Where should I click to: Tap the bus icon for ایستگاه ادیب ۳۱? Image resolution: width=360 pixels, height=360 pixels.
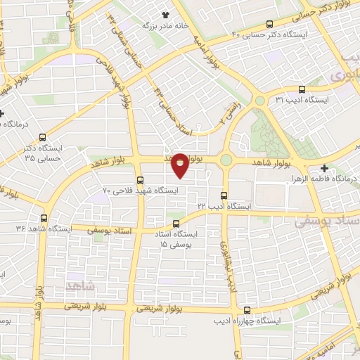click(302, 89)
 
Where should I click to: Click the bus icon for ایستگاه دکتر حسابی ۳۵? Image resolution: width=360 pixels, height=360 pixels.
click(43, 137)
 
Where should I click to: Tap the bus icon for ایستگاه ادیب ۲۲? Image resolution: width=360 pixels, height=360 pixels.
click(224, 195)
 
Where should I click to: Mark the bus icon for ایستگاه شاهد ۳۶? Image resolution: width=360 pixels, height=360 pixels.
click(44, 218)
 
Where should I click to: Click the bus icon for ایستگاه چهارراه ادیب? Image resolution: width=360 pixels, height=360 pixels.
click(246, 310)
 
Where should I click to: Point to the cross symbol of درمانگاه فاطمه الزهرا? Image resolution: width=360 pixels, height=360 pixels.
click(324, 168)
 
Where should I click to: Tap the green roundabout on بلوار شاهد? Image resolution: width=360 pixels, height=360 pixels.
click(226, 160)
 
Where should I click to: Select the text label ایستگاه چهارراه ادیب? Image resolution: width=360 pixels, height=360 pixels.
click(247, 321)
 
